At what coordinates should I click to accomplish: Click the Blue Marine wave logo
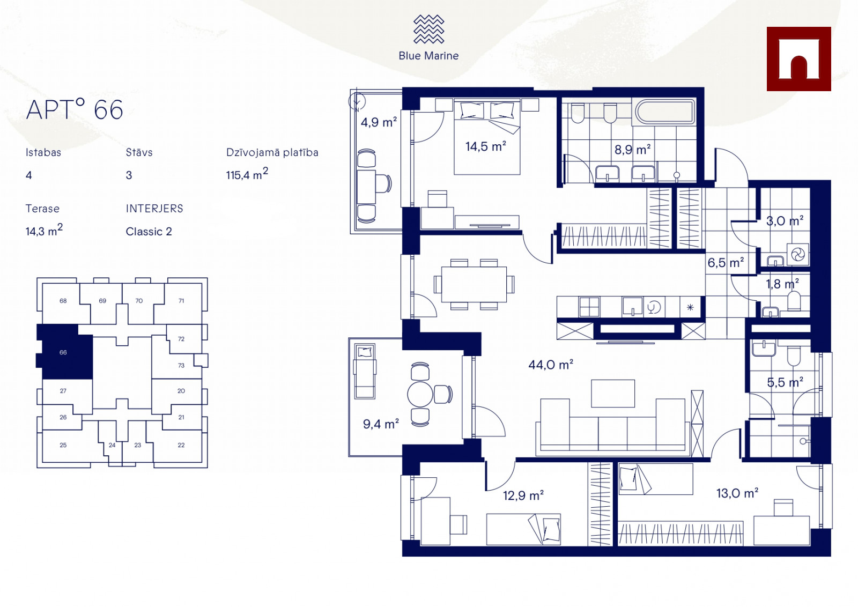pyautogui.click(x=428, y=29)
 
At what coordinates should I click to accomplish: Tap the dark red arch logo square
pyautogui.click(x=798, y=59)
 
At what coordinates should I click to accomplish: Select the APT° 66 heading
pyautogui.click(x=75, y=110)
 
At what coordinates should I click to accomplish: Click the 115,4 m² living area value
pyautogui.click(x=247, y=174)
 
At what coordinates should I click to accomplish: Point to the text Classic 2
pyautogui.click(x=149, y=232)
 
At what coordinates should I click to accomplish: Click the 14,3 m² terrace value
pyautogui.click(x=44, y=231)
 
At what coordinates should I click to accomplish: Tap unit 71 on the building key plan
pyautogui.click(x=181, y=301)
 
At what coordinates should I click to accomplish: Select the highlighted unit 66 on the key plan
pyautogui.click(x=63, y=352)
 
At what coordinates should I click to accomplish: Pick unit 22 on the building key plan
pyautogui.click(x=181, y=445)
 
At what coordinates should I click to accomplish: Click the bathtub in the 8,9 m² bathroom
pyautogui.click(x=665, y=112)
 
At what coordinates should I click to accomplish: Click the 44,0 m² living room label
pyautogui.click(x=551, y=364)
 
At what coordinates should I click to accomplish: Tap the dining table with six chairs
pyautogui.click(x=474, y=285)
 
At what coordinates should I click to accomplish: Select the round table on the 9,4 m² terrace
pyautogui.click(x=420, y=394)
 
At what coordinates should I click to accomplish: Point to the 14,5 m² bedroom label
pyautogui.click(x=486, y=146)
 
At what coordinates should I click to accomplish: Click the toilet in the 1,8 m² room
pyautogui.click(x=794, y=301)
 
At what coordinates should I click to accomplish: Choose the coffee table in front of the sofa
pyautogui.click(x=613, y=393)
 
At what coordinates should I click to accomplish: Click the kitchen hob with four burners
pyautogui.click(x=589, y=307)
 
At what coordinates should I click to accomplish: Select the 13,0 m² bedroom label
pyautogui.click(x=737, y=493)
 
